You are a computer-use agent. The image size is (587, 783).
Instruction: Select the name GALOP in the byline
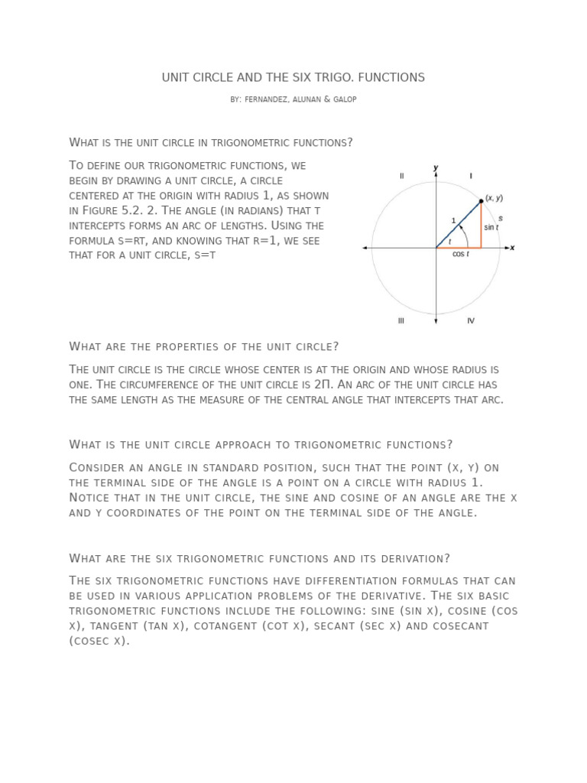(344, 100)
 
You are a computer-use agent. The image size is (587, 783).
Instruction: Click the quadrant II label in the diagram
(401, 176)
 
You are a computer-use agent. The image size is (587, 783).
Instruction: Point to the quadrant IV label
(471, 320)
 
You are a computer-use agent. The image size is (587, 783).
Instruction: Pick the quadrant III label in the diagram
(401, 320)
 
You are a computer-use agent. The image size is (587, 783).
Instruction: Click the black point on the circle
(481, 201)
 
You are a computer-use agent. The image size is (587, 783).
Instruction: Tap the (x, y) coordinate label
(494, 197)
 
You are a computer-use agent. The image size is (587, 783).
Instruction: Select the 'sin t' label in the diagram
(491, 227)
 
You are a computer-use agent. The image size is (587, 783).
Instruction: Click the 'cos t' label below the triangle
(461, 255)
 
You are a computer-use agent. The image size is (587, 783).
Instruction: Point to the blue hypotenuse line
(457, 226)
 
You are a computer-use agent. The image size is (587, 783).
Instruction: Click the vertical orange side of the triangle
(481, 226)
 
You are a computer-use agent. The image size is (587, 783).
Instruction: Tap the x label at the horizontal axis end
(512, 248)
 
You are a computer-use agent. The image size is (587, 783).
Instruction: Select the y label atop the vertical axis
(436, 167)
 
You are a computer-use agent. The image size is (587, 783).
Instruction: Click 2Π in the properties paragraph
(323, 385)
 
